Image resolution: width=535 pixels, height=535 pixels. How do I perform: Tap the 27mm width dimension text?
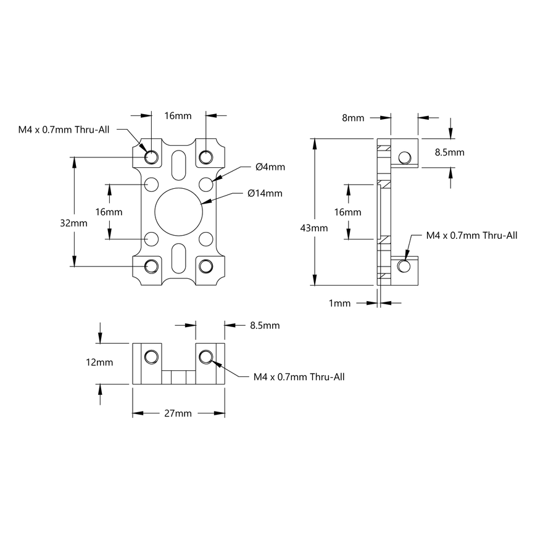point(178,413)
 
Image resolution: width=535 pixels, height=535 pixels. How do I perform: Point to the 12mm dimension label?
point(99,363)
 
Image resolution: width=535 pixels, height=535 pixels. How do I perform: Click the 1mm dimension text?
point(339,303)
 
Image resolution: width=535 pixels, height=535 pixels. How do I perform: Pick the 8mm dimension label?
point(352,118)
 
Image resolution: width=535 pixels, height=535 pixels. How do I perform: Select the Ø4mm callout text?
point(270,167)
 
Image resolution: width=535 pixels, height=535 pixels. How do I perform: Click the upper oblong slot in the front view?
point(178,164)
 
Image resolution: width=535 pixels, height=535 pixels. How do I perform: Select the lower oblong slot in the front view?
point(178,259)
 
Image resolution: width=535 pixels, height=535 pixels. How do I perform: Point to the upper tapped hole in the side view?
point(404,157)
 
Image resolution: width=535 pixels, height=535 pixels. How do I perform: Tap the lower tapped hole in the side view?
point(404,266)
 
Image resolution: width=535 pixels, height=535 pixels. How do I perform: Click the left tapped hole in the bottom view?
point(151,357)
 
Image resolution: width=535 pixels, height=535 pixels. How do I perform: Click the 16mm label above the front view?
point(178,115)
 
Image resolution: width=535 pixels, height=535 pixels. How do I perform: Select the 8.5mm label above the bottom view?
point(265,325)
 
